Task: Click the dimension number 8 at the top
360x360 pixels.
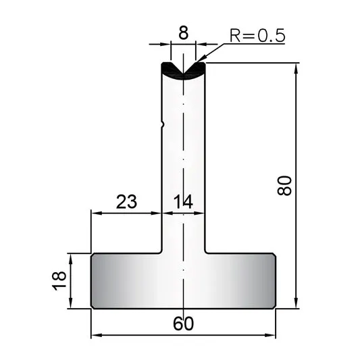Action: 183,33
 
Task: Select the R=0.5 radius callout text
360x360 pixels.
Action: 257,36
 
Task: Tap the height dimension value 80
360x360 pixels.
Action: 284,186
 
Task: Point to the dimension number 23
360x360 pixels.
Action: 126,201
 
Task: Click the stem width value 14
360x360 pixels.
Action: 183,202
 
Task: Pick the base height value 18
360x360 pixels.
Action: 59,281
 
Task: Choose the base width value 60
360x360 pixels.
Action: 183,324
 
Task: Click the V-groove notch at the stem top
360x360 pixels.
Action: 183,70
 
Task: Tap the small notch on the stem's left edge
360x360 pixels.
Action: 163,124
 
